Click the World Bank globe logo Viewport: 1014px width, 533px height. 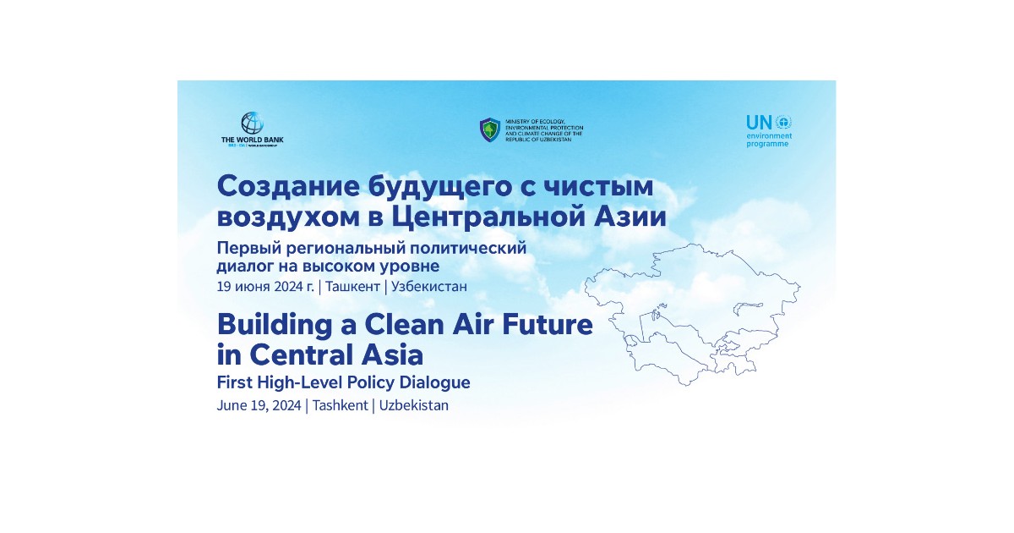click(252, 124)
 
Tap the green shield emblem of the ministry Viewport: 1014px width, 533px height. click(490, 129)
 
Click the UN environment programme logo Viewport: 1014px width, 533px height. click(769, 130)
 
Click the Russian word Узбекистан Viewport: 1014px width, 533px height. click(429, 286)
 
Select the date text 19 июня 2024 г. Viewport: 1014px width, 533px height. click(265, 286)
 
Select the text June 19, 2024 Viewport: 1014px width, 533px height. click(259, 405)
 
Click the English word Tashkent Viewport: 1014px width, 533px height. click(340, 405)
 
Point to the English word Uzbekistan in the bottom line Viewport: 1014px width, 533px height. click(414, 405)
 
